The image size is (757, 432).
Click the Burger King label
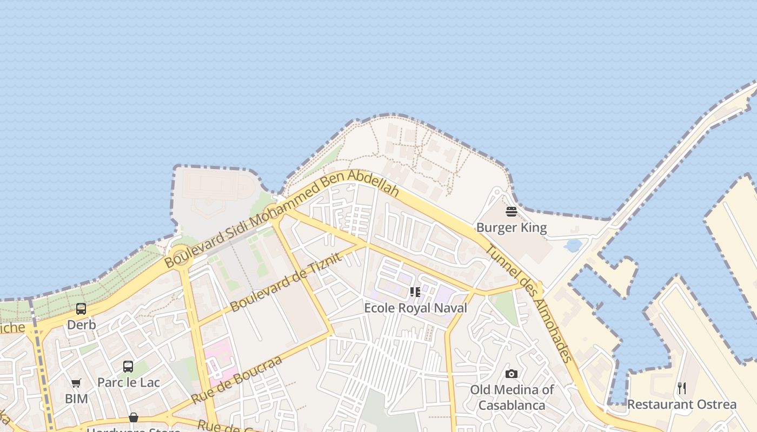512,228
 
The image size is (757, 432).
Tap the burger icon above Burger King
512,211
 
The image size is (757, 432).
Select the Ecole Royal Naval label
415,308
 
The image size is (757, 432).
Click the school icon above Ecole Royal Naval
415,292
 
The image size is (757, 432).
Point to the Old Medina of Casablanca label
512,397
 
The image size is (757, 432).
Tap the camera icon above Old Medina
512,374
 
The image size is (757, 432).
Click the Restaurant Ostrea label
681,404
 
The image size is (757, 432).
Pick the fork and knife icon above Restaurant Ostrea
682,388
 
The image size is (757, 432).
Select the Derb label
82,325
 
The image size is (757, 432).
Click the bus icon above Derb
81,309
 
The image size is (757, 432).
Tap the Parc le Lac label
128,383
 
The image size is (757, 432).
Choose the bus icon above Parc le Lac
128,367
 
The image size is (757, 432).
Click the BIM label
76,399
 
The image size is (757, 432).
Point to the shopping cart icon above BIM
76,383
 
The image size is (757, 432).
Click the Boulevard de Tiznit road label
285,282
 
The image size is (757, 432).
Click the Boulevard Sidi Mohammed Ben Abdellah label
281,219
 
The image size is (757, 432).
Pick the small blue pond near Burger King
573,246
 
